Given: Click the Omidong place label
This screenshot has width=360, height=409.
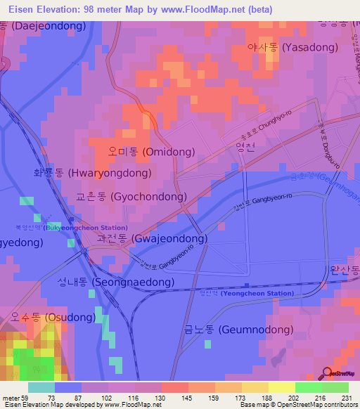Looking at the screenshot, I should click(x=147, y=151).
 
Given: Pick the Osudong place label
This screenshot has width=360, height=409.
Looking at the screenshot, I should click(x=53, y=318).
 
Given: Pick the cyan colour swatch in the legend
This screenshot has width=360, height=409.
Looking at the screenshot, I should click(x=41, y=387).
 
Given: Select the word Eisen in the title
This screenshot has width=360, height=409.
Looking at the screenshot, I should click(x=18, y=9).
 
